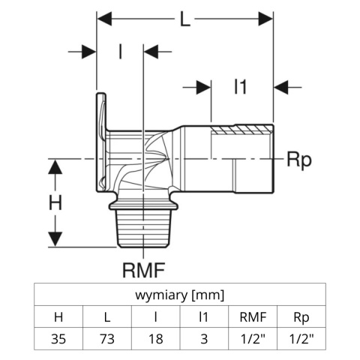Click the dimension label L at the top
pyautogui.click(x=185, y=20)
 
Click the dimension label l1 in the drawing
pyautogui.click(x=239, y=87)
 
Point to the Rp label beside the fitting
pyautogui.click(x=298, y=159)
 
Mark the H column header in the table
pyautogui.click(x=58, y=316)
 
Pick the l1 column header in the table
pyautogui.click(x=204, y=316)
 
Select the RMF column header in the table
pyautogui.click(x=253, y=316)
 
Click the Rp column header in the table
pyautogui.click(x=301, y=316)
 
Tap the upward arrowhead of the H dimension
pyautogui.click(x=55, y=165)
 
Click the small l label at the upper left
pyautogui.click(x=120, y=52)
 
